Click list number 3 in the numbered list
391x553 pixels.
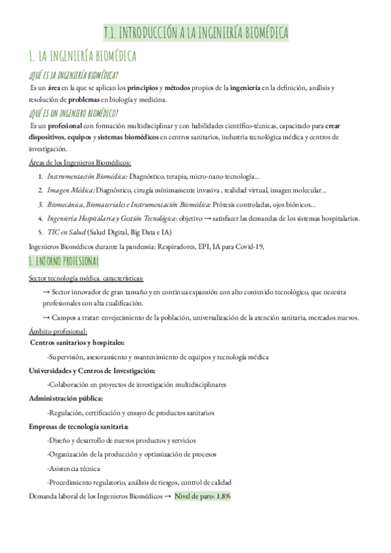coord(40,204)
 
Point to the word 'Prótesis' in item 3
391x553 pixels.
coord(250,204)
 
